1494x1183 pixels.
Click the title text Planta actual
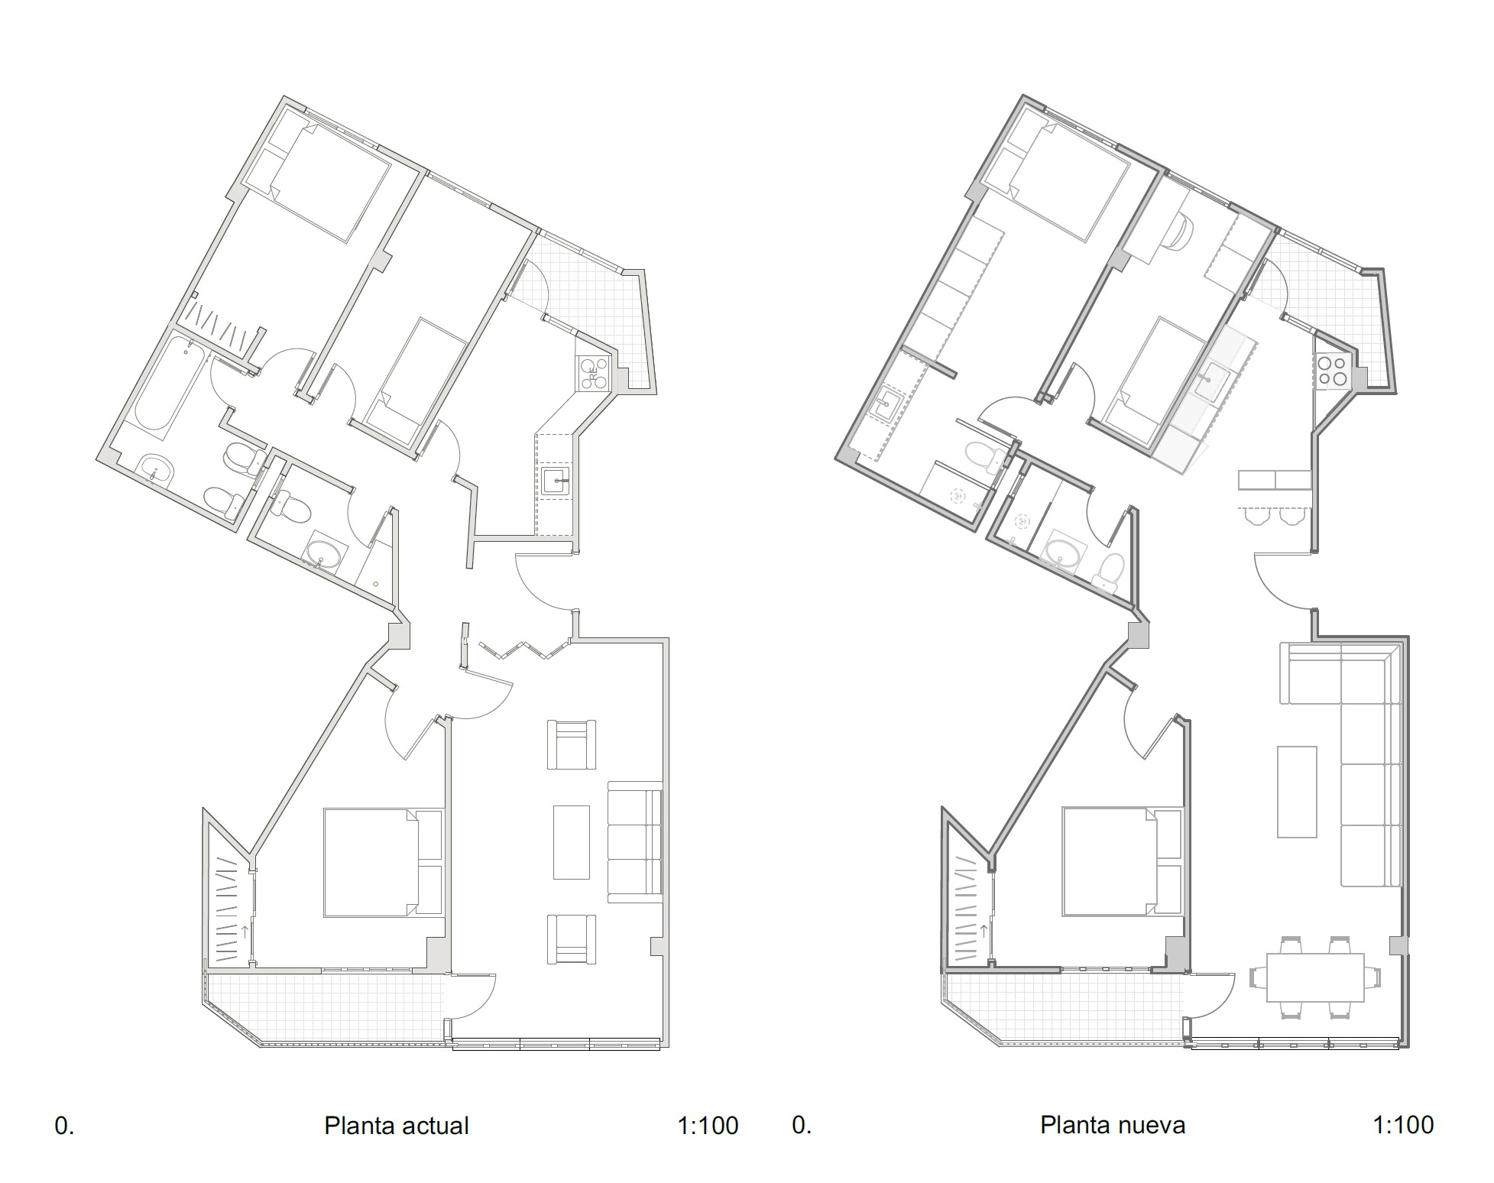coord(396,1126)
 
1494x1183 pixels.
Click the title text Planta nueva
coord(1113,1125)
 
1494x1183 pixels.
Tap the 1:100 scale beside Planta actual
coord(708,1126)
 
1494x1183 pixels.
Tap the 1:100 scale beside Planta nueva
coord(1403,1125)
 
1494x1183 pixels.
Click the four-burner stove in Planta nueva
coord(1333,372)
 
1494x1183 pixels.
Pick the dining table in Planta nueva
coord(1315,977)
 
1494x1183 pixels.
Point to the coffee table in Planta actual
coord(572,842)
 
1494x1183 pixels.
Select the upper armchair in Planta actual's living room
coord(571,744)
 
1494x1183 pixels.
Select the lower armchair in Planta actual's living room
coord(571,939)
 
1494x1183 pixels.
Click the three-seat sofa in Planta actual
coord(635,841)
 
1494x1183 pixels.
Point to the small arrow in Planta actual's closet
coord(245,932)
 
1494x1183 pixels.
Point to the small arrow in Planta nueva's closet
coord(984,931)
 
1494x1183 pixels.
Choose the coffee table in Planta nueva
coord(1297,792)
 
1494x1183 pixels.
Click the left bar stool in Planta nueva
coord(1256,517)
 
